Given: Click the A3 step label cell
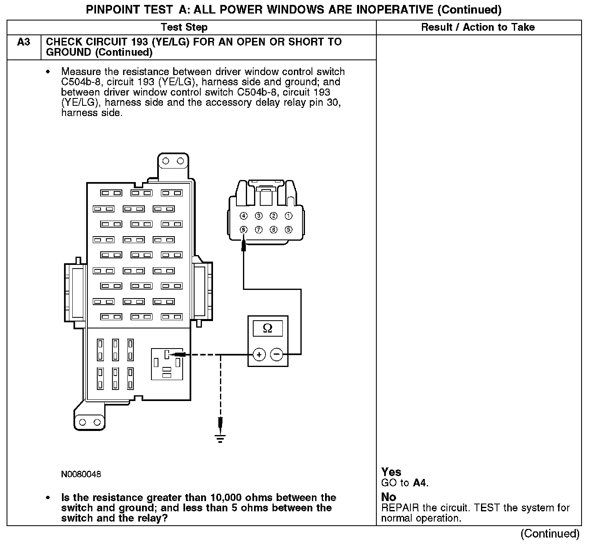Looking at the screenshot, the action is tap(24, 42).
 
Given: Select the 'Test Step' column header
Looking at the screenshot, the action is tap(184, 27).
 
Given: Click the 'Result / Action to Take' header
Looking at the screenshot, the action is tap(478, 27).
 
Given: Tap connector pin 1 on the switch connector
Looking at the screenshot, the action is tap(289, 216).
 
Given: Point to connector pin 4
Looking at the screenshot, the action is tap(243, 216).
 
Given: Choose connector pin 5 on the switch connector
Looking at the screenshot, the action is tap(289, 230).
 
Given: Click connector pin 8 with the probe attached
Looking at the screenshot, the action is tap(243, 230).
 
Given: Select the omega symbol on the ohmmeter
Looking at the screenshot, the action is tap(268, 328).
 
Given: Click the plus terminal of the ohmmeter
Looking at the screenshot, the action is tap(259, 354).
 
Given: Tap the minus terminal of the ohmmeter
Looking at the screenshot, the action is tap(277, 354).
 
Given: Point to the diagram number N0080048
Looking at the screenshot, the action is tap(81, 474).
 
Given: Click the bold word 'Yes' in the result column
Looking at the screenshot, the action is tap(391, 472).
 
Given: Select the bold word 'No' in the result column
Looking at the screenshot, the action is tap(388, 497).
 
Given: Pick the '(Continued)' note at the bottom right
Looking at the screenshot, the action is tap(550, 533).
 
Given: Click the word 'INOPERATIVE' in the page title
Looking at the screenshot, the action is tap(393, 9).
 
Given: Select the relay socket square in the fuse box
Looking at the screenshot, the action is tap(167, 364).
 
